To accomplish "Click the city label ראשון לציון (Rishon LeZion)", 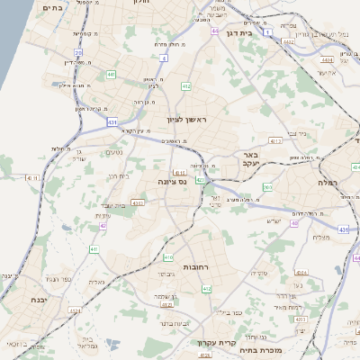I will point(186,119).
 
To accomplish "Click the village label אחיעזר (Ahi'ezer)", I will point(326,72).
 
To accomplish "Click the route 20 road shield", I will point(78,52).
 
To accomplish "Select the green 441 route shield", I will point(110,74).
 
